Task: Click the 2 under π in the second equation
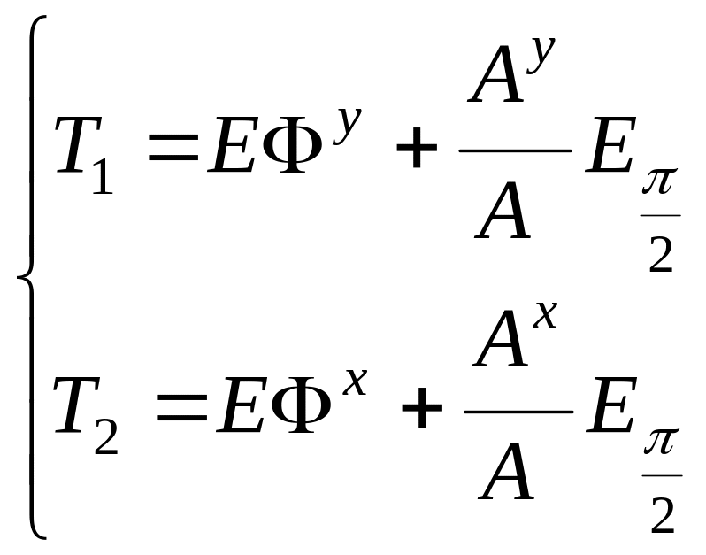click(661, 517)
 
